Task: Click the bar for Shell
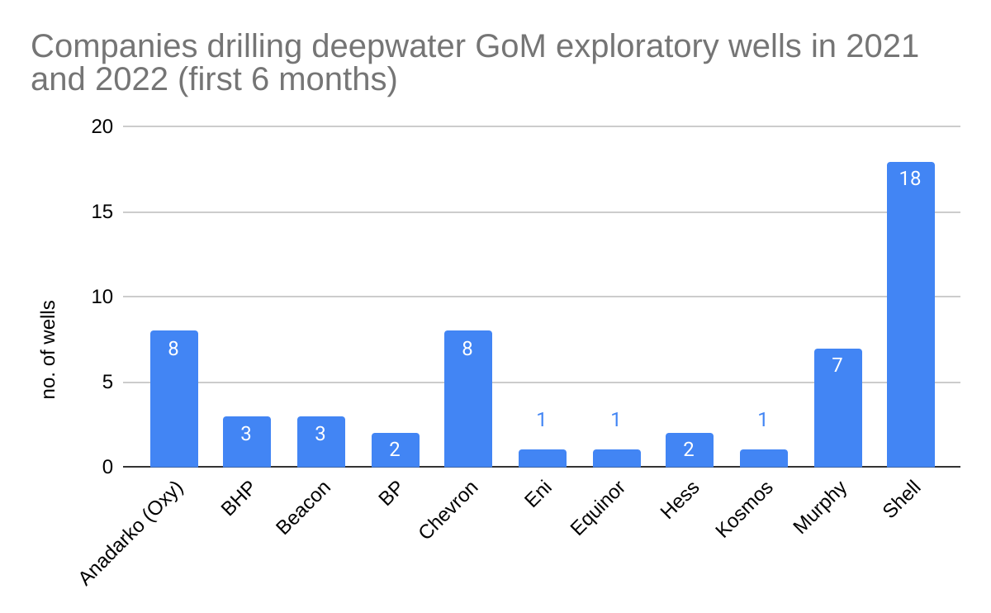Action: [x=910, y=315]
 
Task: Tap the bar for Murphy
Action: [x=837, y=408]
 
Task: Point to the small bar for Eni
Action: [x=542, y=459]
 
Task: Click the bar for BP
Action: [x=395, y=450]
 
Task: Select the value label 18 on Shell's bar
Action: [x=910, y=178]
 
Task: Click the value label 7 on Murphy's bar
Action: [x=837, y=365]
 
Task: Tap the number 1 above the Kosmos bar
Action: [x=763, y=420]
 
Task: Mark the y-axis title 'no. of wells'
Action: [x=49, y=349]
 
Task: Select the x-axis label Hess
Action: [x=680, y=500]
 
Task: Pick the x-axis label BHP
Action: [x=237, y=498]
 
